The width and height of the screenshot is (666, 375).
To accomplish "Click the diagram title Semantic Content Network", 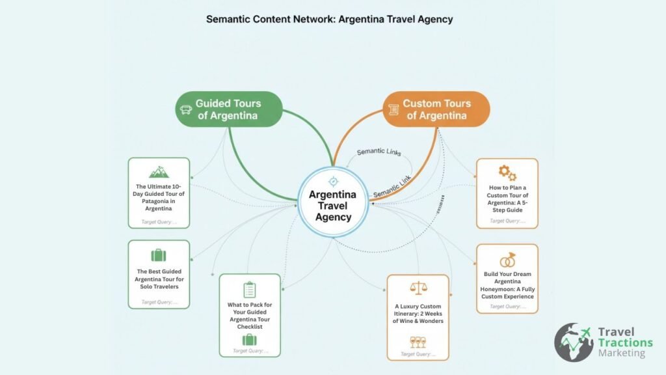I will point(329,19).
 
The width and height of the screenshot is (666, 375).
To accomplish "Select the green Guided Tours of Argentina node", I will point(228,109).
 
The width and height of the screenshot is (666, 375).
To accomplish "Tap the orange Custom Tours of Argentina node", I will point(435,109).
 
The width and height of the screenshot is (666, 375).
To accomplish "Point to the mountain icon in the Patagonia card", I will point(159,171).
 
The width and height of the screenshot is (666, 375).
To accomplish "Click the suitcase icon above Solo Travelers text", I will point(158,255).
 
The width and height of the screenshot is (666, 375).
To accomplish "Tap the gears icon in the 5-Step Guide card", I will point(507,173).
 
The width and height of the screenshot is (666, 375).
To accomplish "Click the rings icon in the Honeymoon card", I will point(507,259).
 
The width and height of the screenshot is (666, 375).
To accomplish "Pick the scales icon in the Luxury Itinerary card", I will point(418,288).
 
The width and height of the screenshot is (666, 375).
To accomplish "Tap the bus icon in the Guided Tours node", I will point(185,110).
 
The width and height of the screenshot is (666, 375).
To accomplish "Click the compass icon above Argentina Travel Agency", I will point(333,181).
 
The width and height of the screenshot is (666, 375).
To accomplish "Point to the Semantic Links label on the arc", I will point(379,152).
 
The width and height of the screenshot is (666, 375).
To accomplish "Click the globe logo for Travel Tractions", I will point(573,342).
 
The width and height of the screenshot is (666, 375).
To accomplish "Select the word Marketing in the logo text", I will point(622,354).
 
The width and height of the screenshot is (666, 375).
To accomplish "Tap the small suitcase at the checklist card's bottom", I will point(250,339).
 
